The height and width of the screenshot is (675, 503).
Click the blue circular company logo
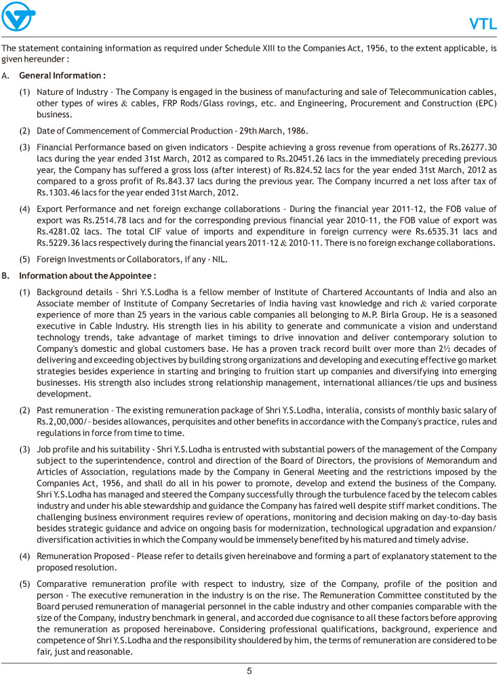pos(19,16)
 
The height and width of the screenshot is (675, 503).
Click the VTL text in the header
pos(483,25)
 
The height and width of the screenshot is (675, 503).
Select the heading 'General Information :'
pos(62,75)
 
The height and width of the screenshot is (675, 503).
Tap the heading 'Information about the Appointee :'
pos(88,276)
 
